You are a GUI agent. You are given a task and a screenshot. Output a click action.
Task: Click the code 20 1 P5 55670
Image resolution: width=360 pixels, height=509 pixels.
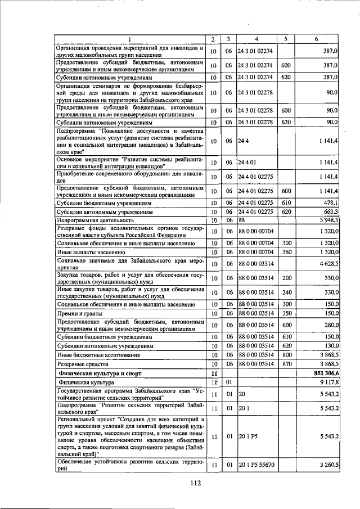[256, 465]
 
